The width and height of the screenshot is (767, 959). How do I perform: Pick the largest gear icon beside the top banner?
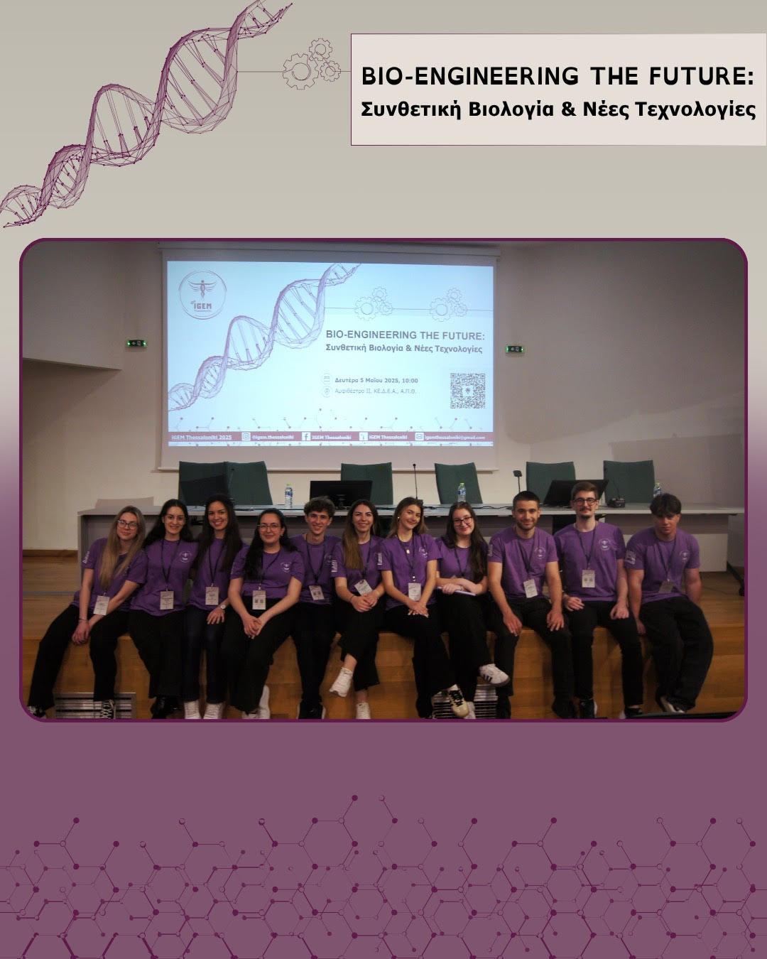click(298, 71)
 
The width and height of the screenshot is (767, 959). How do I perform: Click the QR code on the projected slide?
click(467, 391)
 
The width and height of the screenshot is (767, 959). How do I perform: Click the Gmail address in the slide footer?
click(454, 438)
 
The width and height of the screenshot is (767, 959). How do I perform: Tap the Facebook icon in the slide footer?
click(306, 438)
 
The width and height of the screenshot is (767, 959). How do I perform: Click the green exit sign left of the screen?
click(136, 344)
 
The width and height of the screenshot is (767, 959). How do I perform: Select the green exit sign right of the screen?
click(514, 349)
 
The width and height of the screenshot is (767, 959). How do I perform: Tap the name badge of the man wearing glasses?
click(589, 578)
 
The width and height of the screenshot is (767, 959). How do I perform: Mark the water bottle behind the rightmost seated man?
click(657, 489)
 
